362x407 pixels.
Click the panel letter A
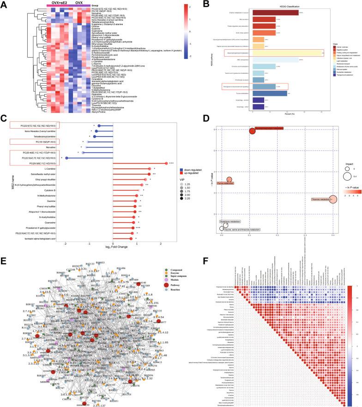click(4, 4)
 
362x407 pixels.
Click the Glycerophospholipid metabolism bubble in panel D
click(253, 131)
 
